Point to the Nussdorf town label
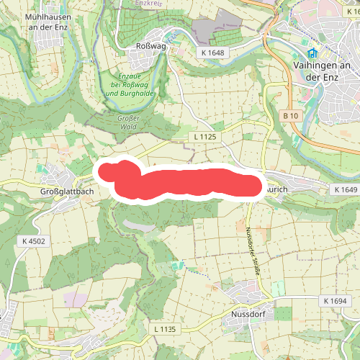click(x=250, y=315)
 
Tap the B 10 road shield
click(x=290, y=116)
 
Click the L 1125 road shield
click(x=205, y=135)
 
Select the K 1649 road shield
click(x=345, y=189)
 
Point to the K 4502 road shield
click(x=34, y=242)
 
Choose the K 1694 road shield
click(x=335, y=300)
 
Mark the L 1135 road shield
click(x=164, y=329)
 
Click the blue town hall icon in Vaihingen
click(x=312, y=54)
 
